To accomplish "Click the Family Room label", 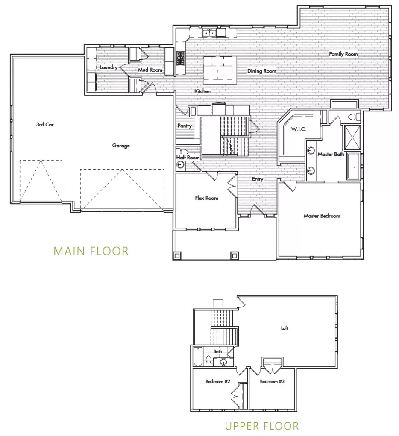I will pyautogui.click(x=343, y=54).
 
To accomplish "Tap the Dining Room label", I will pyautogui.click(x=261, y=71).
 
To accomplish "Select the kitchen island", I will pyautogui.click(x=220, y=68).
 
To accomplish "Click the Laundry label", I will pyautogui.click(x=109, y=67).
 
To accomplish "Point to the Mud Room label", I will pyautogui.click(x=150, y=70).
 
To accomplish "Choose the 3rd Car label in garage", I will pyautogui.click(x=44, y=125).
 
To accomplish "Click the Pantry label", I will pyautogui.click(x=185, y=126).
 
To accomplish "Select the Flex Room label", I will pyautogui.click(x=206, y=198).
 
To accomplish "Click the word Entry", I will pyautogui.click(x=257, y=179).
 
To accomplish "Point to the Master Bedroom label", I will pyautogui.click(x=322, y=216).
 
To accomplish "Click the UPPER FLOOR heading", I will pyautogui.click(x=262, y=425).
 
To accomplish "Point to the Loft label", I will pyautogui.click(x=285, y=328).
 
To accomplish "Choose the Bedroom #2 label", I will pyautogui.click(x=218, y=381).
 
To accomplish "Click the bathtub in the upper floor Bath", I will pyautogui.click(x=197, y=357).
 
